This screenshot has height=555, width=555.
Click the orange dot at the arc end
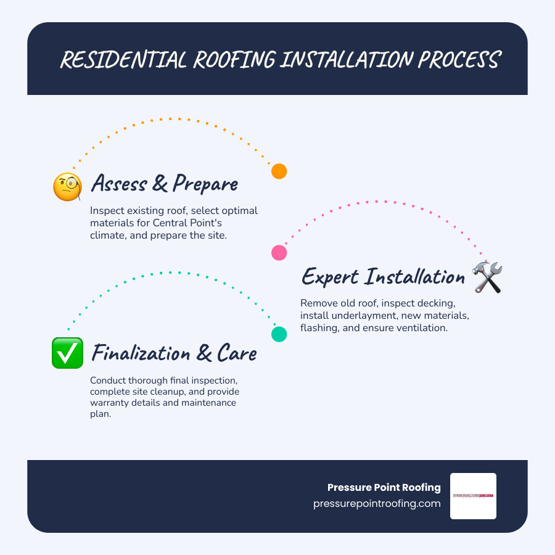point(279,171)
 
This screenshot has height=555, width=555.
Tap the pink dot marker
point(279,252)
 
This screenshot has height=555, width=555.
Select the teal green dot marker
point(279,334)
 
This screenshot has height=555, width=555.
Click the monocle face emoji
point(68,186)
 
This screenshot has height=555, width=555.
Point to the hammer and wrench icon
point(487,277)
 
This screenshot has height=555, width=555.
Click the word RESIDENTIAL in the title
point(123,60)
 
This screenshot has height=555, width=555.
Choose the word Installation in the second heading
point(415,277)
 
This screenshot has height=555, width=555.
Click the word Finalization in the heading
point(141,353)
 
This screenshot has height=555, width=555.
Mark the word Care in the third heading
point(237,353)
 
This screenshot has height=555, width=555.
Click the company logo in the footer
point(473,496)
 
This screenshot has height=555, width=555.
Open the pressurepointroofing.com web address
point(377,503)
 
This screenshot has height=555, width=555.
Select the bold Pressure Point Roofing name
point(384,487)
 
